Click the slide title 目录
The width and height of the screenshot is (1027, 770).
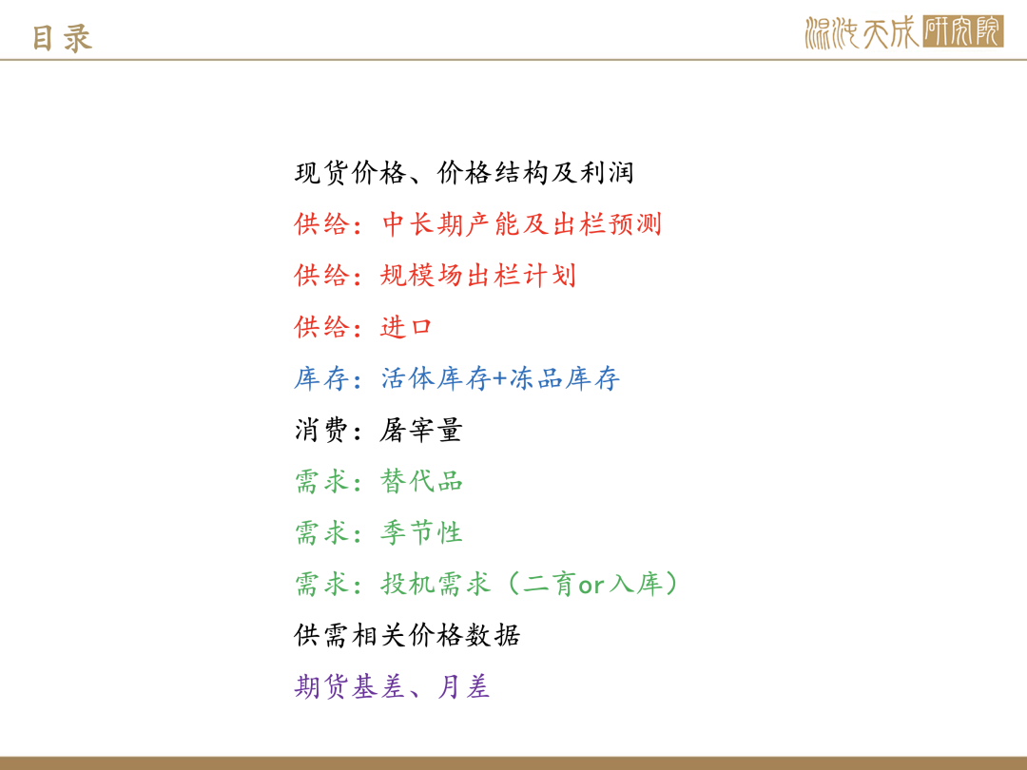(62, 38)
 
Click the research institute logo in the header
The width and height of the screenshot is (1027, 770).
(904, 32)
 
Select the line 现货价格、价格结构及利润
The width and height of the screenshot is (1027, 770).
(464, 173)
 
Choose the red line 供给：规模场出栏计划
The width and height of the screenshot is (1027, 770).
(435, 276)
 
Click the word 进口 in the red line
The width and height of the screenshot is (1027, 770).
(406, 327)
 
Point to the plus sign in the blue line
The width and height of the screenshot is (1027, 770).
(500, 379)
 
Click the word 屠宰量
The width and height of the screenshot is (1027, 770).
(421, 431)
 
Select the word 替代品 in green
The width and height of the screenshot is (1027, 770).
(421, 481)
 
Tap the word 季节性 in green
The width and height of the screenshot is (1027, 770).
(421, 532)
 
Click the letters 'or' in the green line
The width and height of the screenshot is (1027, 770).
(591, 586)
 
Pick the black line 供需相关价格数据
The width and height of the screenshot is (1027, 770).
(407, 635)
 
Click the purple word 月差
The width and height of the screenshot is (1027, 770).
(463, 687)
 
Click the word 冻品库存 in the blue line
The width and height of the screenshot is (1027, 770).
(565, 378)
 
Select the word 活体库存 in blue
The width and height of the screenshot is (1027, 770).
(436, 378)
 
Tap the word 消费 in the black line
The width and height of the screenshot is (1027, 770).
(321, 431)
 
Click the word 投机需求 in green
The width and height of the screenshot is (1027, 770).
(436, 584)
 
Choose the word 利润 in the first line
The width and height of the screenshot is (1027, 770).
(607, 173)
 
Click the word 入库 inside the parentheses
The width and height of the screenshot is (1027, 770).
(635, 584)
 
